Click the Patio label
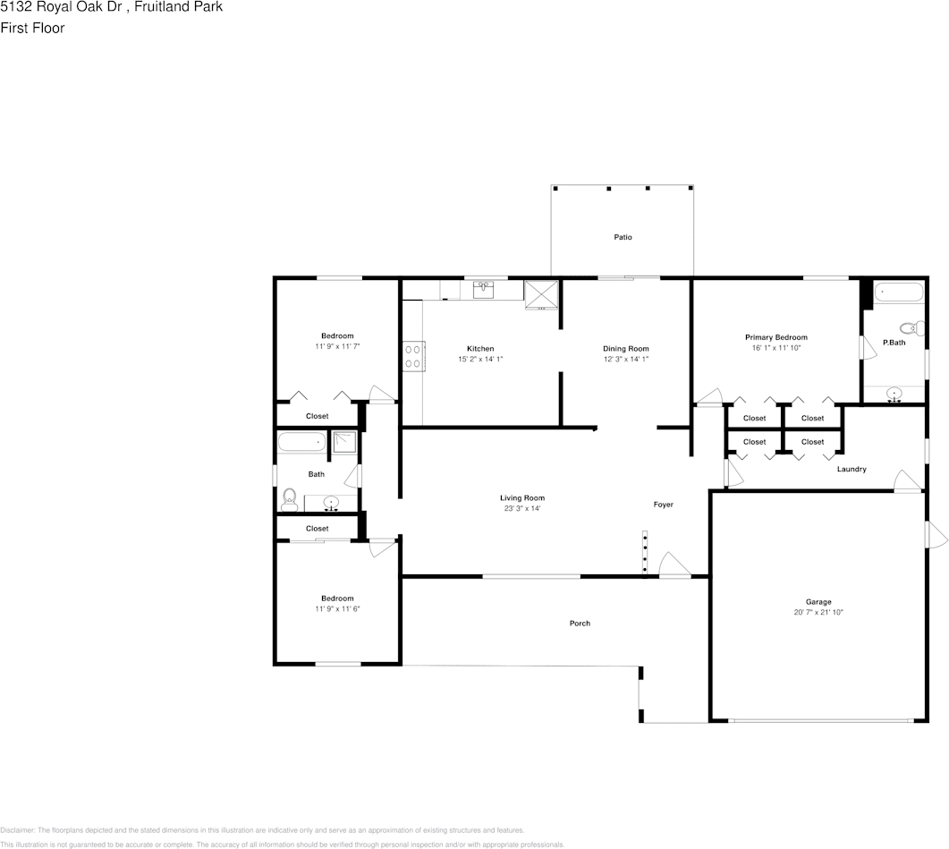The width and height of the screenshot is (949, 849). pyautogui.click(x=623, y=237)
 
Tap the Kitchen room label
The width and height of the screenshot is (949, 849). pyautogui.click(x=480, y=349)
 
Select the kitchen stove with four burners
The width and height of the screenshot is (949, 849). pyautogui.click(x=413, y=356)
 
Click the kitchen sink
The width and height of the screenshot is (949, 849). pyautogui.click(x=484, y=288)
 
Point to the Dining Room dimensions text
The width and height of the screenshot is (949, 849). pyautogui.click(x=625, y=360)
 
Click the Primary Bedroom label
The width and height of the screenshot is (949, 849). pyautogui.click(x=775, y=337)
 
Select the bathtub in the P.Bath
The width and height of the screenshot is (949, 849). pyautogui.click(x=898, y=292)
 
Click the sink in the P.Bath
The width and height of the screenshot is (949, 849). pyautogui.click(x=894, y=394)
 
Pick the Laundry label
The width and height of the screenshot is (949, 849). pyautogui.click(x=851, y=469)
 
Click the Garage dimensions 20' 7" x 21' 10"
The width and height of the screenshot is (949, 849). pyautogui.click(x=818, y=613)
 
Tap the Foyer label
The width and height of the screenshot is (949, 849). pyautogui.click(x=663, y=505)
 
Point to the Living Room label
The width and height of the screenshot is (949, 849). pyautogui.click(x=521, y=498)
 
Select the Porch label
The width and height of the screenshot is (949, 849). pyautogui.click(x=580, y=624)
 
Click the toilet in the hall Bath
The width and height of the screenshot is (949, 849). pyautogui.click(x=289, y=498)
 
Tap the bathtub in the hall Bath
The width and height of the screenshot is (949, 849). pyautogui.click(x=301, y=442)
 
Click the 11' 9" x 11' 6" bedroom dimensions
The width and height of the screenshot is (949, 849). pyautogui.click(x=337, y=609)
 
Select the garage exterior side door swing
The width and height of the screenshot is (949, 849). pyautogui.click(x=936, y=535)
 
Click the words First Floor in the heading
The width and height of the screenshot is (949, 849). pyautogui.click(x=32, y=28)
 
